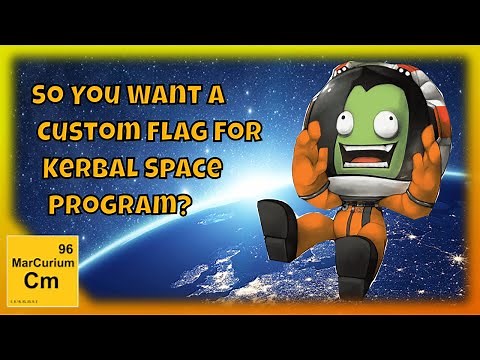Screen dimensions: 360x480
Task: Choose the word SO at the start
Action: pos(48,97)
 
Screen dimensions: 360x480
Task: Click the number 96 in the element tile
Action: pos(67,248)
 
